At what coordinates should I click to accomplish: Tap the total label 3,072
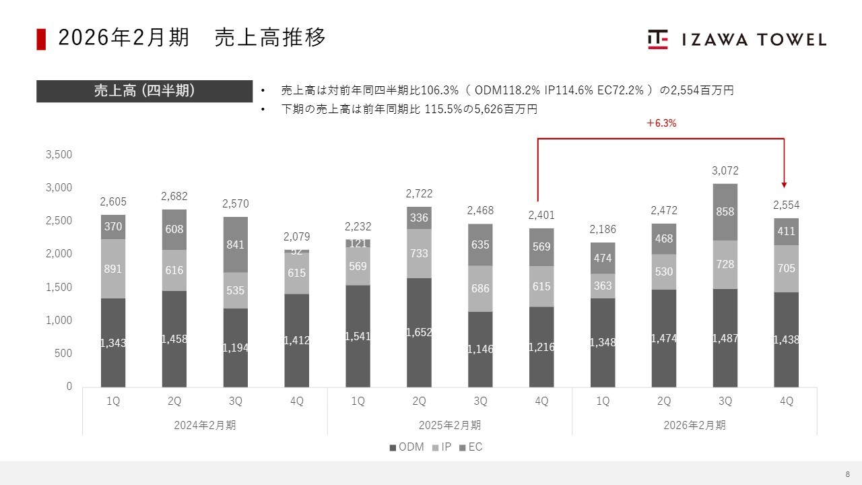(725, 171)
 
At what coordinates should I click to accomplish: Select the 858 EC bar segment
(725, 212)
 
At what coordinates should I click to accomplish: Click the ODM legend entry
(407, 447)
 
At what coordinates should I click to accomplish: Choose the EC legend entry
(471, 447)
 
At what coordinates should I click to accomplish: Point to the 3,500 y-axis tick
(59, 154)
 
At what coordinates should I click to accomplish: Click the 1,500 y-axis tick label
(59, 287)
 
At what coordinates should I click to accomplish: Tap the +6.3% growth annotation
(661, 123)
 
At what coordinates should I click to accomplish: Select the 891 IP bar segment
(113, 268)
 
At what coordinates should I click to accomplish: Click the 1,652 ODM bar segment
(419, 332)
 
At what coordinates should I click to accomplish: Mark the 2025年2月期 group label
(450, 425)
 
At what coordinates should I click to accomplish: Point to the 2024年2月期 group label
(205, 425)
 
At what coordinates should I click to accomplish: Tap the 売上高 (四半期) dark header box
(144, 91)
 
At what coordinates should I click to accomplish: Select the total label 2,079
(296, 236)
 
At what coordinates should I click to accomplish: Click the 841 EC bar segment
(235, 245)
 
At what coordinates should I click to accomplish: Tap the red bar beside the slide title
(41, 39)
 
